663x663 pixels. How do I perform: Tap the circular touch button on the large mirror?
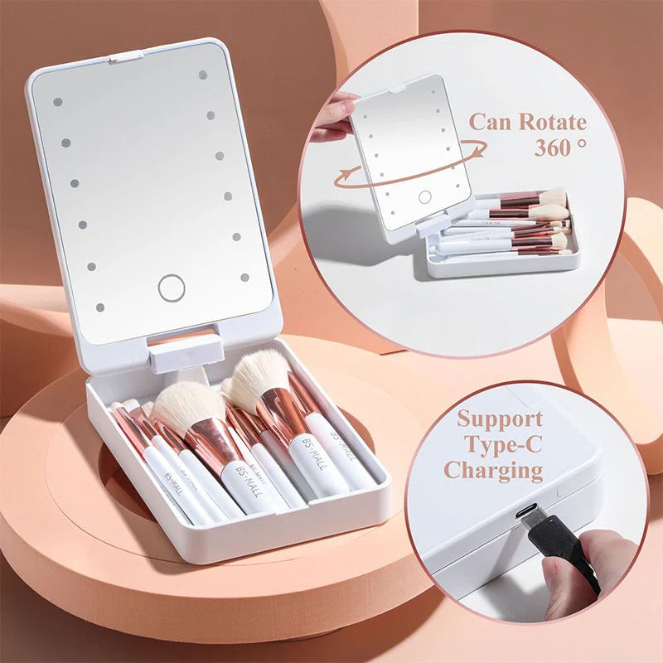172,288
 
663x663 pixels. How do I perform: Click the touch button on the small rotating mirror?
424,197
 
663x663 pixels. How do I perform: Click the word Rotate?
552,123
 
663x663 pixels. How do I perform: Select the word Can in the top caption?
491,123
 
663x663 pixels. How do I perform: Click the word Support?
500,418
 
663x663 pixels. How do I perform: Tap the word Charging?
493,471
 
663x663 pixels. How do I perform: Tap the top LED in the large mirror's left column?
57,103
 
